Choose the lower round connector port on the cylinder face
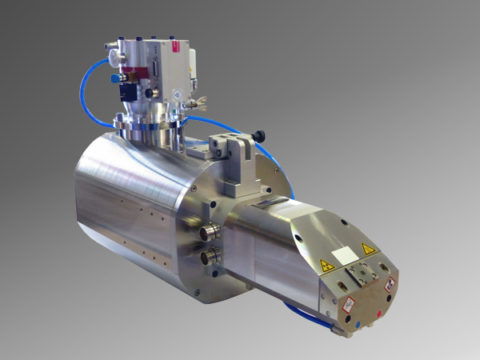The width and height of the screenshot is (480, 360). point(209,258)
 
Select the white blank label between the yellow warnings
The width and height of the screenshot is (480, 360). point(346,257)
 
